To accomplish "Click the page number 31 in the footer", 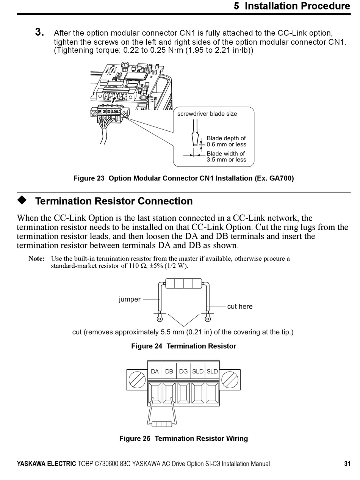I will (347, 463).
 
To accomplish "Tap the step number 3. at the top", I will (39, 33).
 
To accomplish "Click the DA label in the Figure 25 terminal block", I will (155, 372).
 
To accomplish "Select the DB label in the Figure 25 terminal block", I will (169, 372).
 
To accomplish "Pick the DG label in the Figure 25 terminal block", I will (183, 372).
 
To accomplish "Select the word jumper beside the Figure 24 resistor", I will (130, 300).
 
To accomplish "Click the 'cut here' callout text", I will (239, 306).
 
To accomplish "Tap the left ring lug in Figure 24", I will (160, 319).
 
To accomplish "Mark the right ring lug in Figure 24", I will (207, 319).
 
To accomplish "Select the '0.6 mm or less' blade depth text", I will (226, 144).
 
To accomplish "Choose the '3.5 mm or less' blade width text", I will (226, 160).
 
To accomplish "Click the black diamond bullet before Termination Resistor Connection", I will (22, 200).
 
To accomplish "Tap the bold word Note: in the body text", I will (36, 259).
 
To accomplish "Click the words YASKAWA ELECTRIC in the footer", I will (46, 463).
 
